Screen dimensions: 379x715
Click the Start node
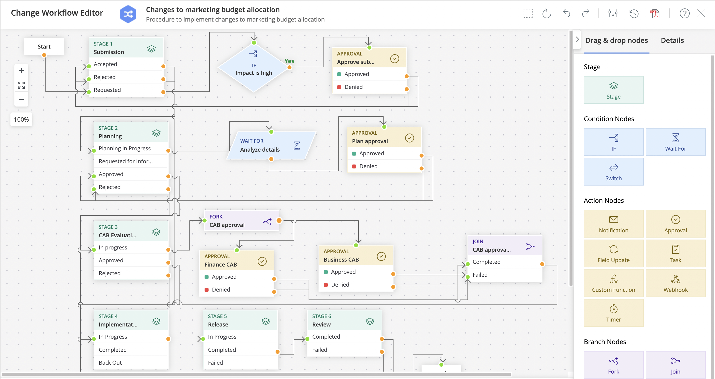tap(44, 47)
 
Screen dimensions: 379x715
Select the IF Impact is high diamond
tap(254, 68)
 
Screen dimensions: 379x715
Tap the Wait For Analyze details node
tap(271, 145)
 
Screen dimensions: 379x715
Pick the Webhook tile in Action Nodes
tap(675, 283)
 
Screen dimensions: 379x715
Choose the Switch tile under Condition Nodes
tap(613, 172)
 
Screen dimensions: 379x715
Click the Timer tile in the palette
tap(613, 313)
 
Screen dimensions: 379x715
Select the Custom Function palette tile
tap(613, 283)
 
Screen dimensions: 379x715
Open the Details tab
tap(672, 40)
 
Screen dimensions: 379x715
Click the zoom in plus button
tap(21, 71)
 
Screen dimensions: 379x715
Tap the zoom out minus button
tap(21, 100)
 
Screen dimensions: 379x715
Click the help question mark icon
tap(684, 13)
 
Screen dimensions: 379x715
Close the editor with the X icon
tap(701, 13)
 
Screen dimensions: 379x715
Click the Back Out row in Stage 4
tap(130, 362)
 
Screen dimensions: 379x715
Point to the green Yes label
tap(289, 61)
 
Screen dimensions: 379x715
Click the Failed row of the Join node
tap(504, 274)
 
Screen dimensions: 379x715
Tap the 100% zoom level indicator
tap(21, 119)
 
